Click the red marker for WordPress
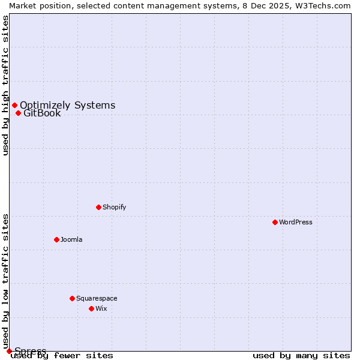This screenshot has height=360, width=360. (x=275, y=222)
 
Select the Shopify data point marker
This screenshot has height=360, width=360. (x=98, y=207)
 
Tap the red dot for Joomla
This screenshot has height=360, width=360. (x=56, y=239)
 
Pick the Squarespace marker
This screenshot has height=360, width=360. (x=72, y=298)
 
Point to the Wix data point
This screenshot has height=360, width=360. (x=91, y=308)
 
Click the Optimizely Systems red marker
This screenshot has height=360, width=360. (x=14, y=106)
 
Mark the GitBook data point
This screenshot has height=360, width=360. (x=18, y=113)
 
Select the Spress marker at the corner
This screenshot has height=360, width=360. (x=9, y=351)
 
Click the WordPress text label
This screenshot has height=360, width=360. (x=296, y=222)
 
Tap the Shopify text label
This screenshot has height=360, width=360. (x=114, y=207)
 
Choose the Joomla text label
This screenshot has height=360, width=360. (x=71, y=239)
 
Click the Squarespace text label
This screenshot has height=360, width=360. (x=97, y=298)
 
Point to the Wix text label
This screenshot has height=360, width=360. (x=101, y=308)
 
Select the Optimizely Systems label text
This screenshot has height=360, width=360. (x=67, y=106)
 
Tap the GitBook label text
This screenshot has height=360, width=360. (x=42, y=113)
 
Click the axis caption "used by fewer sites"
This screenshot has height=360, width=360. (x=62, y=355)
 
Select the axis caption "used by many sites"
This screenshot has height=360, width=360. (x=301, y=355)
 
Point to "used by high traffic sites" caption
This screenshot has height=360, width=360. (x=5, y=85)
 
